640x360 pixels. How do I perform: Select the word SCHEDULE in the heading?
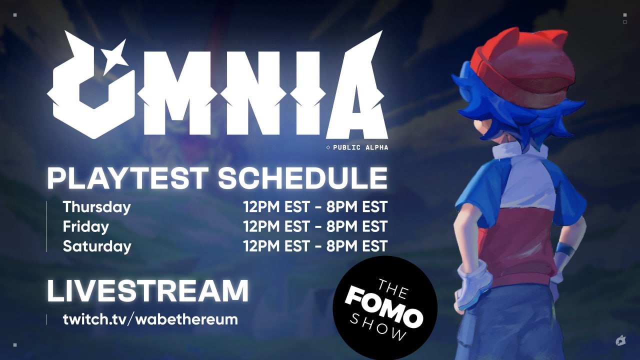tap(302, 178)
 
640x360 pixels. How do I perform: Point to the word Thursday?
tap(96, 207)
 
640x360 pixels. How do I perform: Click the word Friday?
tap(85, 226)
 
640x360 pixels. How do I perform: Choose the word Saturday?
tap(97, 246)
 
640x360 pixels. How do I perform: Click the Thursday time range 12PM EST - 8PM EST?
tap(315, 207)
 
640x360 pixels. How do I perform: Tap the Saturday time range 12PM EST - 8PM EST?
tap(315, 246)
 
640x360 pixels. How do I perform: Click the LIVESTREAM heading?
tap(147, 290)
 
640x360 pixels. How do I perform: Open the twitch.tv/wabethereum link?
tap(150, 319)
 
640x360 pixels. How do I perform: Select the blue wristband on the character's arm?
tap(565, 249)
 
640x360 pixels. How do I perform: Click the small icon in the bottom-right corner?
tap(620, 341)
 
